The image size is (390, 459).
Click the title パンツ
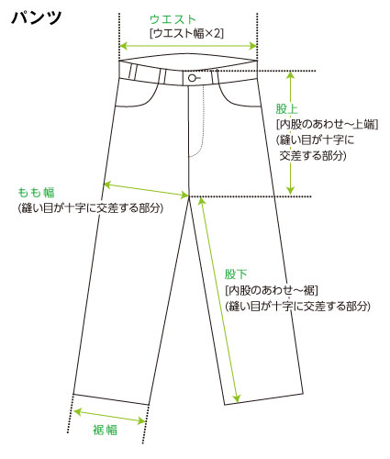(x=37, y=17)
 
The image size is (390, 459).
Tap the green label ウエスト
(x=173, y=19)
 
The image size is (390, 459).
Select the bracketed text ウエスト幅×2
(x=186, y=33)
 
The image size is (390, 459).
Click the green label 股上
(x=286, y=109)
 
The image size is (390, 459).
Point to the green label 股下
(x=236, y=274)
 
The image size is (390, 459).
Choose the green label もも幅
(x=36, y=193)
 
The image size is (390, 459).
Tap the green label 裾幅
(x=105, y=430)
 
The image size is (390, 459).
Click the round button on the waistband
(x=192, y=78)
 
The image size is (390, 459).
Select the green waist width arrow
(x=188, y=46)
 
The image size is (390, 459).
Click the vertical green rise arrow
(x=290, y=132)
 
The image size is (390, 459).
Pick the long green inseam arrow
(x=218, y=299)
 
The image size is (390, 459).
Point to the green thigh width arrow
(x=146, y=190)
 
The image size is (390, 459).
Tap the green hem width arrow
(x=110, y=416)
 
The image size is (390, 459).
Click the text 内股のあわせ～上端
(x=328, y=124)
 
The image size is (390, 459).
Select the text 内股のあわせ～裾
(x=272, y=290)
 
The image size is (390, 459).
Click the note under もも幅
(x=91, y=208)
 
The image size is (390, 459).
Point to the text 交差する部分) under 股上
(x=313, y=156)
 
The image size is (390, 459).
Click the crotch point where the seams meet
(x=189, y=196)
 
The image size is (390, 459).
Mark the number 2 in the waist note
(x=217, y=33)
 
